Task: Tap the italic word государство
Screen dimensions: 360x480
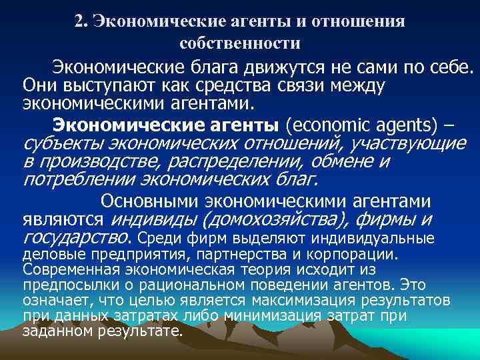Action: pos(75,239)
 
